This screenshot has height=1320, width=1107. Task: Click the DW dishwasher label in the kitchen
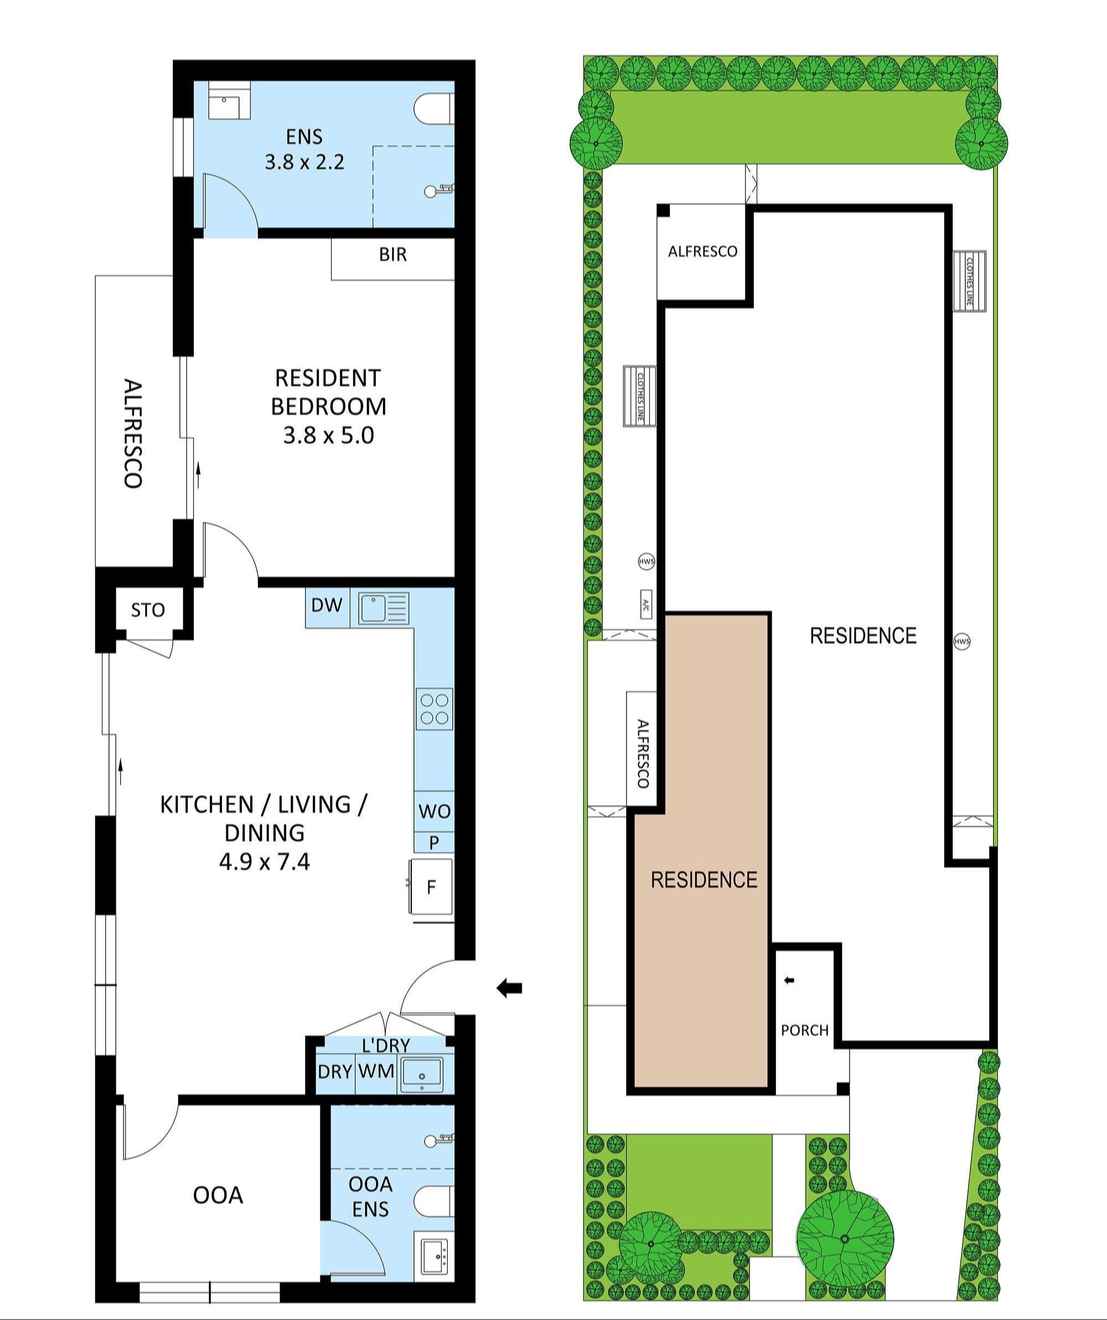click(x=327, y=605)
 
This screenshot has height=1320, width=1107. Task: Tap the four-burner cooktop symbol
click(x=434, y=709)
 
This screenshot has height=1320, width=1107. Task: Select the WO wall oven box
click(x=434, y=811)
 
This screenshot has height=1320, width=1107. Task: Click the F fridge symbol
click(x=431, y=887)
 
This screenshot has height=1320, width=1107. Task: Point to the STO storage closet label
click(x=148, y=610)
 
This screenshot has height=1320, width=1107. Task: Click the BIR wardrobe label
click(x=393, y=255)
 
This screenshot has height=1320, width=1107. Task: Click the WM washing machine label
click(x=376, y=1070)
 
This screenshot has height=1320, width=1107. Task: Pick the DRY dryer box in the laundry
click(x=334, y=1071)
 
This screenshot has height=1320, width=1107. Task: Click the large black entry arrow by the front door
click(x=509, y=988)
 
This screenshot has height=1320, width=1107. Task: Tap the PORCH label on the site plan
click(x=805, y=1030)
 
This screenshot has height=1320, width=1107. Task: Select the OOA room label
click(x=218, y=1195)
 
